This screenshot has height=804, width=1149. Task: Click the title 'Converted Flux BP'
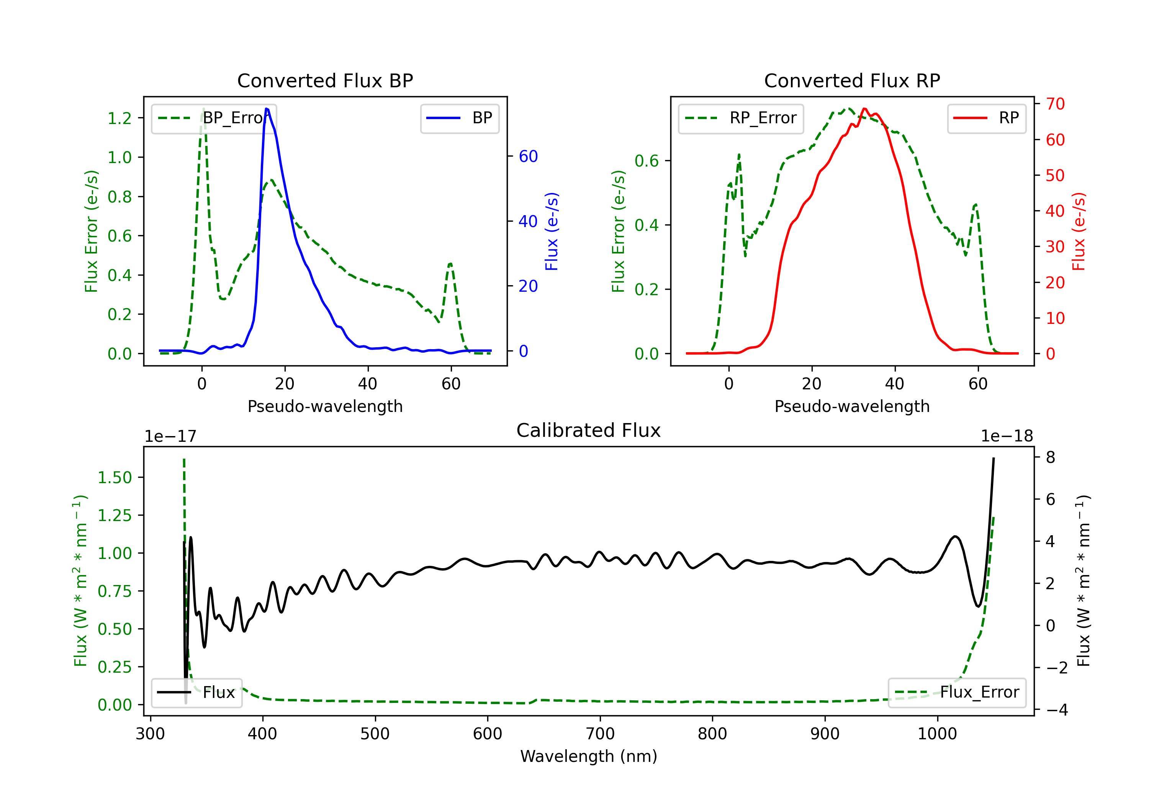pos(325,80)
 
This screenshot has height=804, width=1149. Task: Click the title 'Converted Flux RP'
pos(852,80)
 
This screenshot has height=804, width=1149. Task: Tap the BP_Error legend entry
pos(214,118)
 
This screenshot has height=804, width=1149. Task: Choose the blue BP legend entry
pos(459,118)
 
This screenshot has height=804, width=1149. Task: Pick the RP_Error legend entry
pos(741,118)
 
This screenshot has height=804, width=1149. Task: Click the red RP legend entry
pos(986,118)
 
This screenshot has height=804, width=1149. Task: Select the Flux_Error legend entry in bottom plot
pos(957,693)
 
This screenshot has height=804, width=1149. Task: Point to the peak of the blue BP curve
pos(267,109)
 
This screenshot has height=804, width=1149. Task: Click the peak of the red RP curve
pos(864,109)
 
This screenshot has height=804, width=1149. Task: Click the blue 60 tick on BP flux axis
pos(528,156)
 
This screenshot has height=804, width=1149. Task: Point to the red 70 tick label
pos(1055,104)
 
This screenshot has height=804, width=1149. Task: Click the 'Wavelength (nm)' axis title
pos(589,756)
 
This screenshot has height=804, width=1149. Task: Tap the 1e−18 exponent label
pos(1007,436)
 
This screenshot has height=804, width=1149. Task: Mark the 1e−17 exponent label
pos(171,436)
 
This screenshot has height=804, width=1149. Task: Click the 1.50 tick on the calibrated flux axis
pos(115,477)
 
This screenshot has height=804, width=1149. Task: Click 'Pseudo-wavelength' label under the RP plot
pos(852,406)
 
